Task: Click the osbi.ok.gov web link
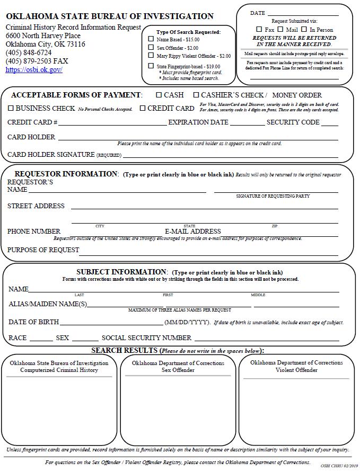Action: [34, 70]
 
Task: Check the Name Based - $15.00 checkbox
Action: [151, 39]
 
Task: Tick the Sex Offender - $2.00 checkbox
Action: [151, 48]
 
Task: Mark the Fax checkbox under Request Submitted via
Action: [259, 30]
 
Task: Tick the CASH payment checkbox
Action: [159, 95]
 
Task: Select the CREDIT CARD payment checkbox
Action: [143, 108]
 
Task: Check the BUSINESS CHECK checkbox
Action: [11, 108]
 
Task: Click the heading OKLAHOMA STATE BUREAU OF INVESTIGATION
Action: [110, 16]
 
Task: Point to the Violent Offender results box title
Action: [296, 366]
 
